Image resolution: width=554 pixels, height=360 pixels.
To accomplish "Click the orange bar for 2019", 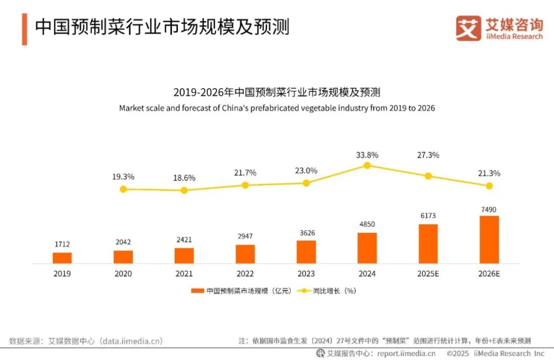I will click(62, 258).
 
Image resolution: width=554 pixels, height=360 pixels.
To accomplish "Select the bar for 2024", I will click(367, 248).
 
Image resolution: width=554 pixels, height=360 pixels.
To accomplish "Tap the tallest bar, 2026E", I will click(489, 239).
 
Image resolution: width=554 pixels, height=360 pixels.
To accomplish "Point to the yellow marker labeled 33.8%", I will click(367, 165).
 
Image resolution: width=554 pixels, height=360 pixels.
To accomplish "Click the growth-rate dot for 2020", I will click(123, 189).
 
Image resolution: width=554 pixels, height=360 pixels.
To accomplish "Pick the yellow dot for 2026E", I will click(489, 186).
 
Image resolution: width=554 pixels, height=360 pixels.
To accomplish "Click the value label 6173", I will click(428, 216).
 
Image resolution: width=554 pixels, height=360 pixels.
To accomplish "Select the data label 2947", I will click(245, 236).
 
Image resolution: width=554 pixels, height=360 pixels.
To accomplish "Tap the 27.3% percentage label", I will click(428, 155).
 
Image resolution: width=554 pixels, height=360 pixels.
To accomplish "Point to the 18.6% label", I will click(184, 177).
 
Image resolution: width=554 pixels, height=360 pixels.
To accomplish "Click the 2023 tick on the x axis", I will click(306, 274).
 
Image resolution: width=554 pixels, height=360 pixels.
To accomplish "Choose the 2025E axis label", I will click(428, 274).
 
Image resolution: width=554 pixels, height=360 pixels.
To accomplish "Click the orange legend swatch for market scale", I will click(197, 291).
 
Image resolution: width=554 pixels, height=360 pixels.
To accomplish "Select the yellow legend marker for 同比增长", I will click(303, 291).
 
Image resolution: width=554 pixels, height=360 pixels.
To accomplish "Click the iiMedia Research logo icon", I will click(468, 28).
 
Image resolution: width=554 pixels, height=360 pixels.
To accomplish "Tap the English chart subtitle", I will click(277, 108).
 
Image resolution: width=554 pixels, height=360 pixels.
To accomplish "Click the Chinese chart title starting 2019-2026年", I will click(277, 93).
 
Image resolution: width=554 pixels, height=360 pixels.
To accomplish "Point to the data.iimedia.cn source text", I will click(131, 341).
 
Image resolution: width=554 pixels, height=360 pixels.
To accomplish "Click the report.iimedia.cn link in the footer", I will click(406, 353).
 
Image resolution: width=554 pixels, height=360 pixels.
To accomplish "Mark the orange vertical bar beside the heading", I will click(24, 29).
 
